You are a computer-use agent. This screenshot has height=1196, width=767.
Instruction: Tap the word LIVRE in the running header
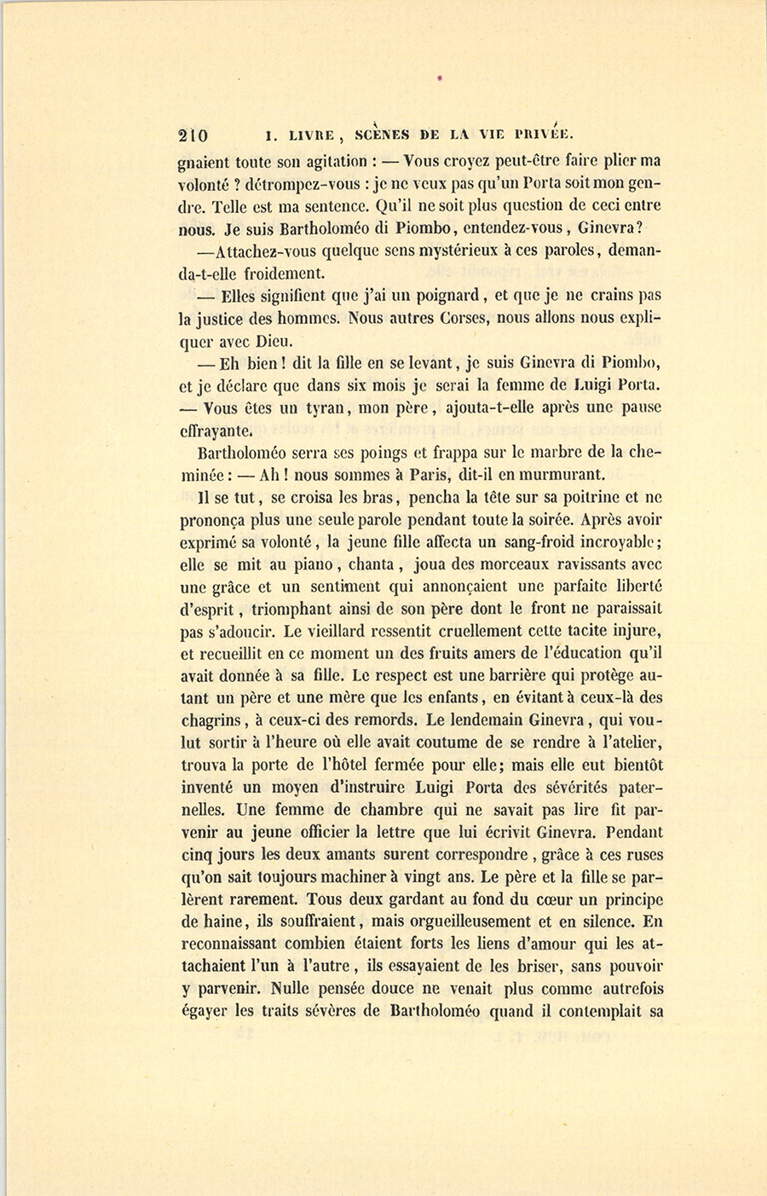pos(313,135)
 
